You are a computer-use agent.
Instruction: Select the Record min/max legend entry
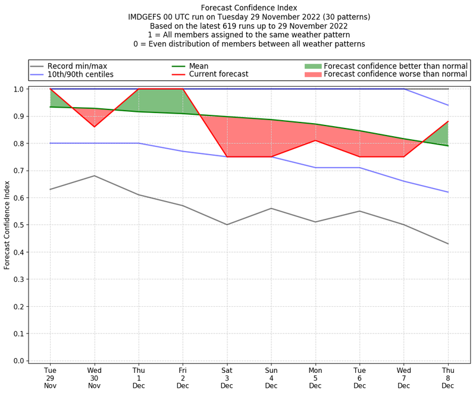pyautogui.click(x=77, y=65)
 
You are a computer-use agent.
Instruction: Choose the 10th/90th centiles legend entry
pyautogui.click(x=80, y=74)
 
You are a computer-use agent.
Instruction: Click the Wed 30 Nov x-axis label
pyautogui.click(x=94, y=378)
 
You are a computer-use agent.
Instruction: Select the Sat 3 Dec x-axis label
pyautogui.click(x=227, y=378)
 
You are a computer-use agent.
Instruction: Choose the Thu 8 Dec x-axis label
pyautogui.click(x=448, y=378)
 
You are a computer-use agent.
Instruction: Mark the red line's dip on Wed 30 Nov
pyautogui.click(x=94, y=127)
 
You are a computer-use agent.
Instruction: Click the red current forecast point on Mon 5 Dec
pyautogui.click(x=315, y=140)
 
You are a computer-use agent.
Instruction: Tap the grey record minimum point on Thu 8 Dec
pyautogui.click(x=448, y=244)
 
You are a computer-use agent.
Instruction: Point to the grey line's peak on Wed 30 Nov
pyautogui.click(x=94, y=175)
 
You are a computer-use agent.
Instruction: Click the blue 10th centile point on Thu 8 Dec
pyautogui.click(x=448, y=192)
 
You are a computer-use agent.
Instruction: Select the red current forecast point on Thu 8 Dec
pyautogui.click(x=448, y=121)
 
